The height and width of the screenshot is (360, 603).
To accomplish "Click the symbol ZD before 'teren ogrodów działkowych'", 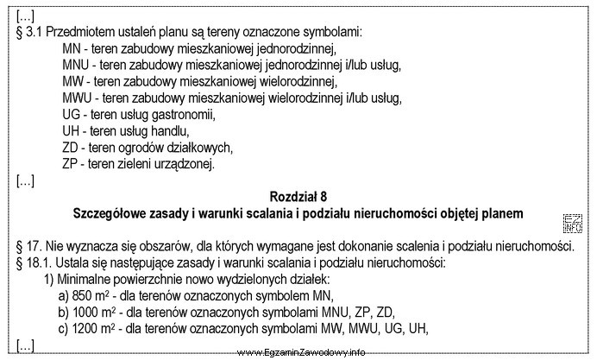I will pyautogui.click(x=72, y=147).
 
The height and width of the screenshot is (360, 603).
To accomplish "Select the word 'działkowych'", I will pyautogui.click(x=198, y=147).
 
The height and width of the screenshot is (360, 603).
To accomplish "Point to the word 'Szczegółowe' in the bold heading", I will pyautogui.click(x=115, y=212).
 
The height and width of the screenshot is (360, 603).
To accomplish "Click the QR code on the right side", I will pyautogui.click(x=572, y=222).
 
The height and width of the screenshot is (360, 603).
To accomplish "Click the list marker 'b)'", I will pyautogui.click(x=63, y=312).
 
